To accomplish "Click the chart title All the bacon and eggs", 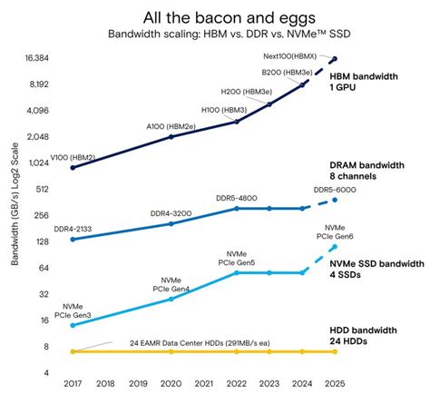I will [x=215, y=17].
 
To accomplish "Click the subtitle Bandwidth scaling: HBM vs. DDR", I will [x=215, y=35].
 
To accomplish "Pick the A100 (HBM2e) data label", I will [x=170, y=126].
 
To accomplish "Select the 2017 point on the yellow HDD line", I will [x=73, y=351].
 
